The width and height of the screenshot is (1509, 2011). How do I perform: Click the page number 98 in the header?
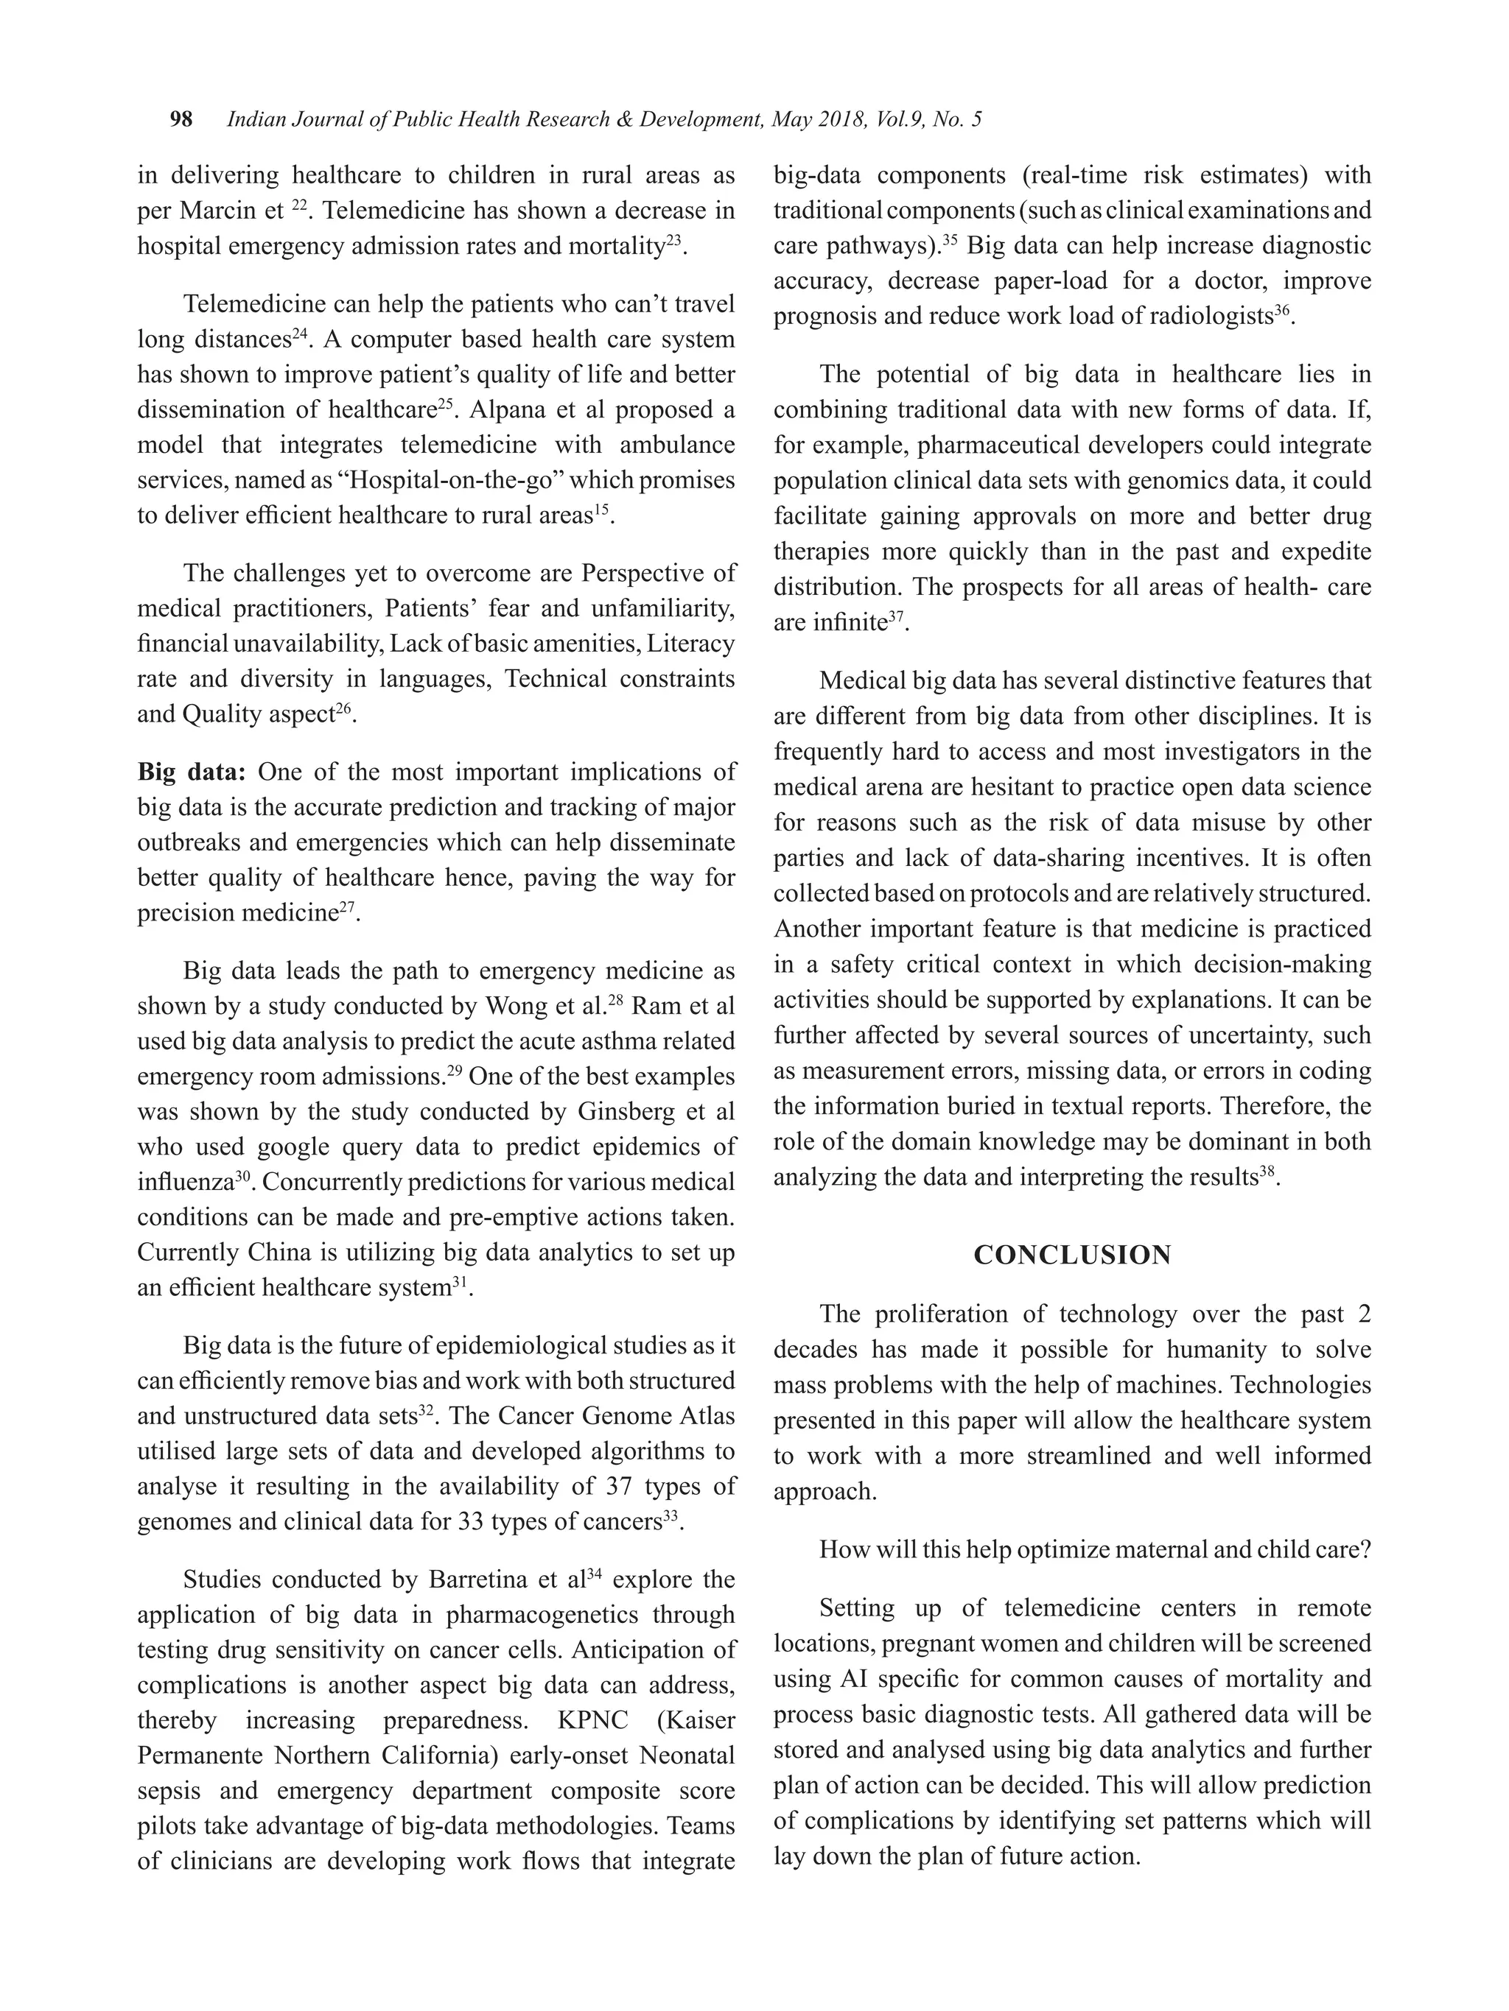[x=181, y=119]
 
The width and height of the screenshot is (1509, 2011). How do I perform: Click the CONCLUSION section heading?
[x=1071, y=1255]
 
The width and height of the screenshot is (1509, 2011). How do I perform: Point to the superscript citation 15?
[x=601, y=510]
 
